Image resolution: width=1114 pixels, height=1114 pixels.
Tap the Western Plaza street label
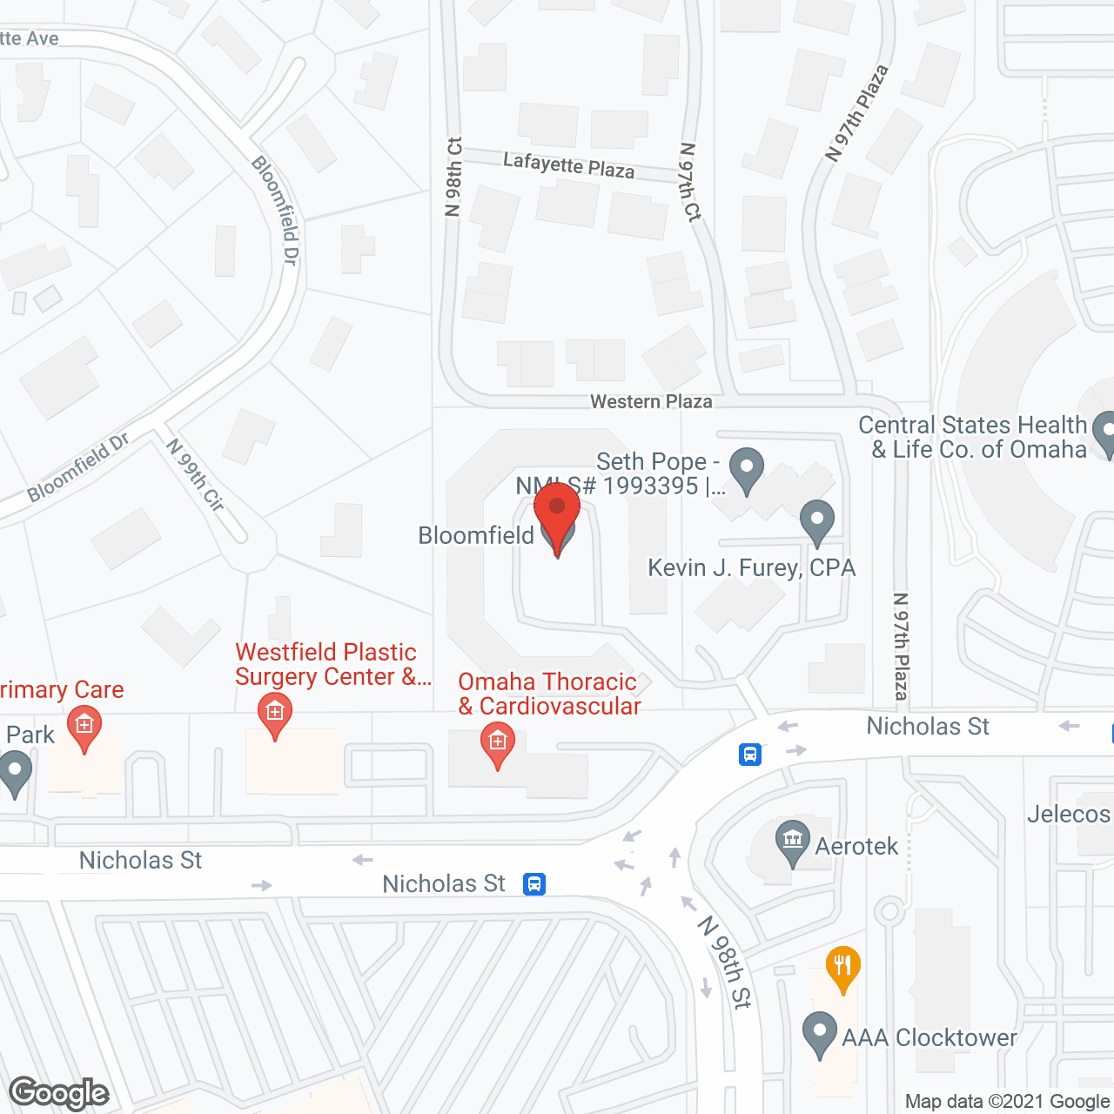[x=651, y=402]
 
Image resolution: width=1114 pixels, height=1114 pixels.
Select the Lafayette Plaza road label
[x=568, y=164]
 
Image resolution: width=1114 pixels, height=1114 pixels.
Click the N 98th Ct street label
[x=453, y=177]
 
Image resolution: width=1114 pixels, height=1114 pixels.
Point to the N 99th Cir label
[x=196, y=475]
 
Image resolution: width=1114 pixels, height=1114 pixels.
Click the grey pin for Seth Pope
[x=746, y=470]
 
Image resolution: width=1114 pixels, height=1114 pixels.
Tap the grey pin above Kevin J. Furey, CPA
[x=816, y=521]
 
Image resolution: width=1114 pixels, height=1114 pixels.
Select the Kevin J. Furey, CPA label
[x=751, y=568]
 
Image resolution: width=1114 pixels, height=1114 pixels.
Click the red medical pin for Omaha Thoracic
[x=498, y=746]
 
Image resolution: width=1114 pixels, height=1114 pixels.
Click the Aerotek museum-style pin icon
[x=792, y=842]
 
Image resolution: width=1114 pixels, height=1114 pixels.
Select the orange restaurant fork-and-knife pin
[x=842, y=968]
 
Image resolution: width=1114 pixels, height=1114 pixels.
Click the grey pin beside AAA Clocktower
[x=819, y=1034]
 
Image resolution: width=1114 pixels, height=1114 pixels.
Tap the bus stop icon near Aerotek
[x=750, y=754]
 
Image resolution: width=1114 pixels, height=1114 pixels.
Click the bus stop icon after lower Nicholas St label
[x=534, y=884]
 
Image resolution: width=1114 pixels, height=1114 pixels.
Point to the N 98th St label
[x=725, y=962]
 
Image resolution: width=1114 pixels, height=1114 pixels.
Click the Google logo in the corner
[x=58, y=1093]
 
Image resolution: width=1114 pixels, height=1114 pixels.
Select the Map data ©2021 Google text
[x=1007, y=1101]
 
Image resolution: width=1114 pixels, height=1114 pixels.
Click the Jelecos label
[x=1069, y=815]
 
